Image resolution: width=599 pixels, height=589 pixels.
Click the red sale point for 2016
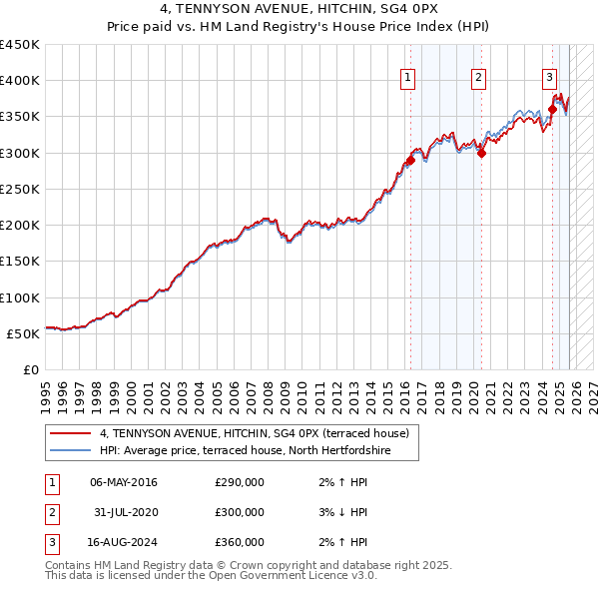click(x=410, y=160)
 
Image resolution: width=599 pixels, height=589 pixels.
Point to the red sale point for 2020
click(x=481, y=153)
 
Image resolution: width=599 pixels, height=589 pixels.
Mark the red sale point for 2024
click(x=552, y=109)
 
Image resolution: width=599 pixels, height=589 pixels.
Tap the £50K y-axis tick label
click(x=24, y=333)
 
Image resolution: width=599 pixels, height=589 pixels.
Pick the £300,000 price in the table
click(x=240, y=512)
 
